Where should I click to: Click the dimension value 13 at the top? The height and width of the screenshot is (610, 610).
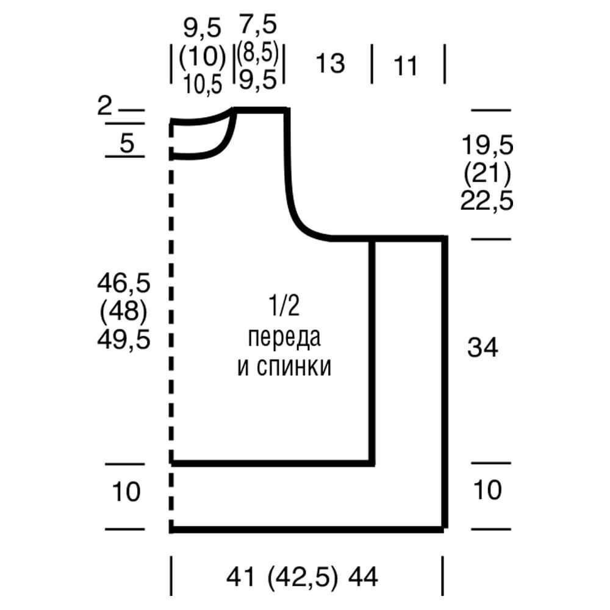click(330, 63)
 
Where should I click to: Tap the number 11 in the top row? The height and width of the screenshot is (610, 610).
click(406, 65)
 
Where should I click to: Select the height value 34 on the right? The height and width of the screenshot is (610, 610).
click(483, 347)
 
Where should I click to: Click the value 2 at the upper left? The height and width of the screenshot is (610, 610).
click(104, 105)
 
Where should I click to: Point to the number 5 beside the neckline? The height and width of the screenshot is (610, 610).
click(127, 143)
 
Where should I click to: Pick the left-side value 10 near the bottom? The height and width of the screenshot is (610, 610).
click(126, 491)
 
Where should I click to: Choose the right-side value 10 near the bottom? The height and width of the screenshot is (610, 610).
click(487, 489)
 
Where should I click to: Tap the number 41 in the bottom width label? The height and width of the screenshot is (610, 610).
click(240, 576)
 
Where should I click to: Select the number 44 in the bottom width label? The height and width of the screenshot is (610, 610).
click(363, 576)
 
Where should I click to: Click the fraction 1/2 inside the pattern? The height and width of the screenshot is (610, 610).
click(284, 306)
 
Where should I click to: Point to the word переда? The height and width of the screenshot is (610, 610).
click(284, 338)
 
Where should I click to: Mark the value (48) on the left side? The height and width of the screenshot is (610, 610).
click(124, 311)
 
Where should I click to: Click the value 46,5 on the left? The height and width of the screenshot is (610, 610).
click(124, 283)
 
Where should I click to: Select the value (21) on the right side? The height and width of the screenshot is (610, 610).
click(487, 173)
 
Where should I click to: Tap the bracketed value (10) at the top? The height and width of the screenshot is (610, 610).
click(203, 56)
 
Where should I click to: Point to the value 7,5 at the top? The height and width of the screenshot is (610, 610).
click(258, 24)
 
